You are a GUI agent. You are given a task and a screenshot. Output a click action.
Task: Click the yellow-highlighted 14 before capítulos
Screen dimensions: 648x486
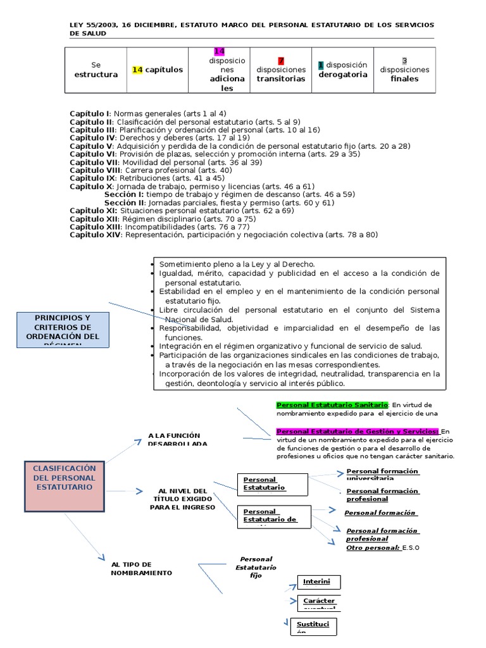click(x=137, y=70)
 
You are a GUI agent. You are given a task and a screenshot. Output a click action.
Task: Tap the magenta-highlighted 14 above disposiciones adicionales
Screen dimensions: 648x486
click(x=219, y=51)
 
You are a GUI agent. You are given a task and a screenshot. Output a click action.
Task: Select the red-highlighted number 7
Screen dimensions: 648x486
click(x=281, y=61)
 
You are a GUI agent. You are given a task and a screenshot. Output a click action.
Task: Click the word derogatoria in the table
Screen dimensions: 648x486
click(x=342, y=75)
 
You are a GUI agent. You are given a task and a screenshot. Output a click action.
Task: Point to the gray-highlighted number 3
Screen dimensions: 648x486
click(x=404, y=61)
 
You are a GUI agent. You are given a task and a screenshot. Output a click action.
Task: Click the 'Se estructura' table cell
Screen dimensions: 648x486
click(x=96, y=70)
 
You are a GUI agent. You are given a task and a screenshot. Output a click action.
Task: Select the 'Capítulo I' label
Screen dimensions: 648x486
click(x=90, y=113)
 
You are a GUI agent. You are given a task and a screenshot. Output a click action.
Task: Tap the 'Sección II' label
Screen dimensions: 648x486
click(x=124, y=202)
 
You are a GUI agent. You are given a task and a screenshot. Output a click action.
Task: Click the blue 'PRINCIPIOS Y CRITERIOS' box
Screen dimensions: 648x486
click(x=63, y=328)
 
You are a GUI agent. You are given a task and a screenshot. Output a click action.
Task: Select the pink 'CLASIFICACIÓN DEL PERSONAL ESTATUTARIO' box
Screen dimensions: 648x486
click(x=65, y=487)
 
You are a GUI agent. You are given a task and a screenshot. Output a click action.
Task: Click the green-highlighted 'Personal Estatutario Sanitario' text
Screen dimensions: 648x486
click(x=332, y=404)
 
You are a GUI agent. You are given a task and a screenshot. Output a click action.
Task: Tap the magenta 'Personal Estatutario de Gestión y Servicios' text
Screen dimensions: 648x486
click(x=358, y=431)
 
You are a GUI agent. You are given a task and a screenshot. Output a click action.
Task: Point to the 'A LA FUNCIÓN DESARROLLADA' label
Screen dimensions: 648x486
click(x=174, y=439)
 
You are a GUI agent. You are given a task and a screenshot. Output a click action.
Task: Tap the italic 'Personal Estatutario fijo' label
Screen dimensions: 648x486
click(x=256, y=567)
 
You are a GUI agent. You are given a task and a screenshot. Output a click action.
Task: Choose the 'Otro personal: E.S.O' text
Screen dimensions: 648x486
click(x=383, y=547)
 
